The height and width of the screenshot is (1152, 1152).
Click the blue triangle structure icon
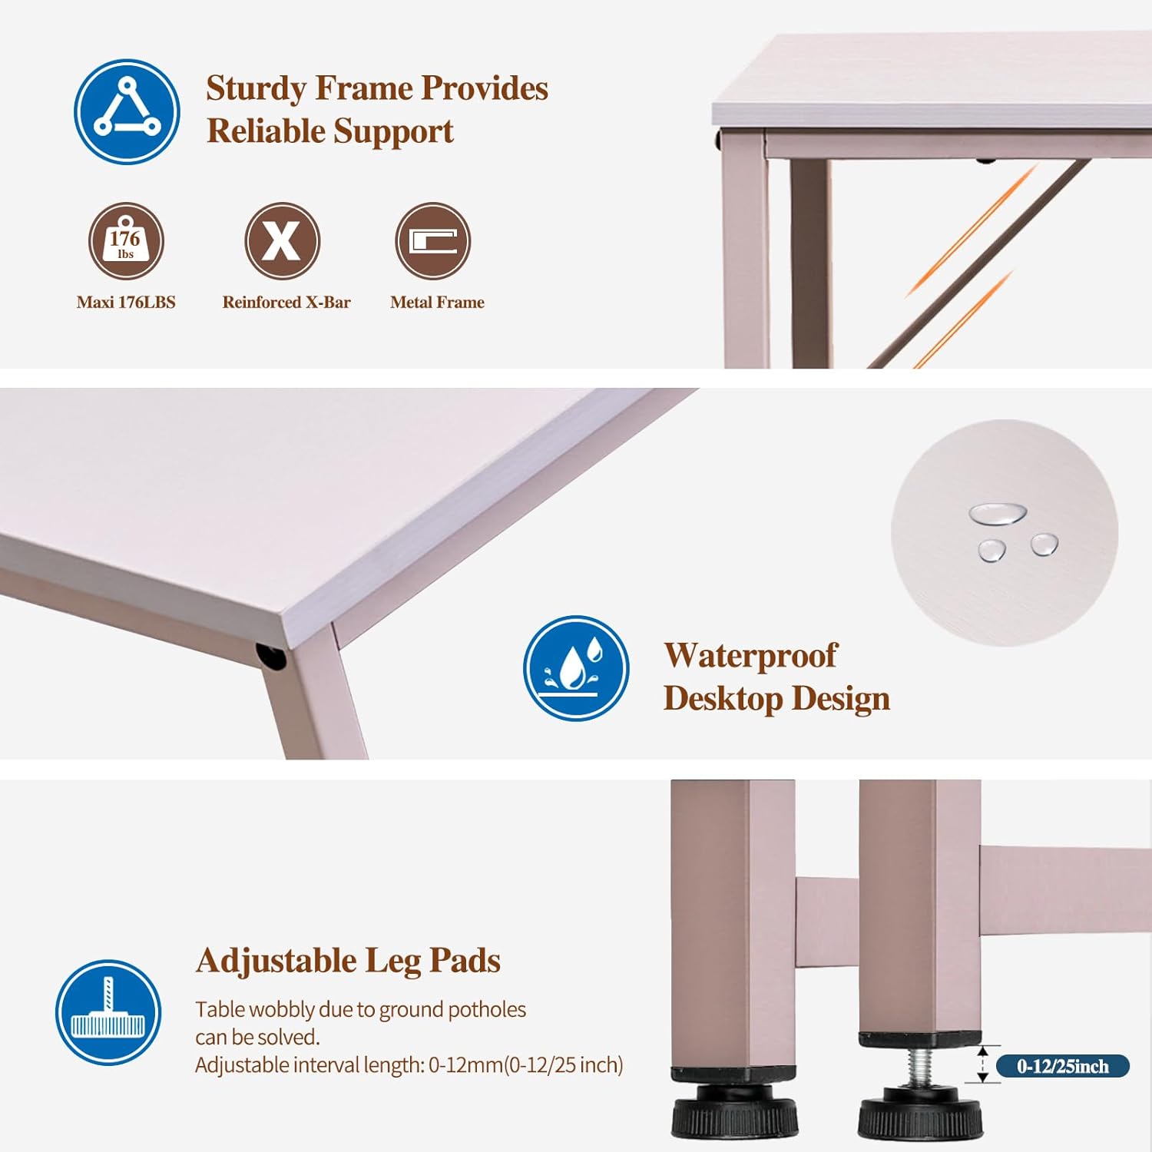click(x=127, y=112)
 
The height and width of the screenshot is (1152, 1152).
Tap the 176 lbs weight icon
click(x=126, y=241)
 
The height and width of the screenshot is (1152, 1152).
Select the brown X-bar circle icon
click(x=282, y=241)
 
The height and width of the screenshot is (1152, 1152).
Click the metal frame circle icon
click(x=433, y=241)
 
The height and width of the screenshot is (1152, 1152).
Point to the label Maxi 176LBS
click(x=126, y=303)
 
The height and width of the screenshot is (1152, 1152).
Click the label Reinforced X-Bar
click(x=286, y=303)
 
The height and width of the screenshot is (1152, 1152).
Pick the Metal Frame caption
click(x=437, y=303)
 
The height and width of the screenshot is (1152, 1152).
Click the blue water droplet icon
click(x=576, y=668)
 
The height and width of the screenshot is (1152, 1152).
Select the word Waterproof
click(x=750, y=656)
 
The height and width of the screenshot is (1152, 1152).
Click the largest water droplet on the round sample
click(x=997, y=513)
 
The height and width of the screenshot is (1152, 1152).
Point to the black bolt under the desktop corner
click(x=270, y=657)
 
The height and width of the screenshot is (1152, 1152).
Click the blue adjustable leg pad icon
click(x=108, y=1012)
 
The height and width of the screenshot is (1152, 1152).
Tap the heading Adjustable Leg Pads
click(x=348, y=961)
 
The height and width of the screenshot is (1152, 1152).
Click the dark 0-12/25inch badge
click(x=1063, y=1066)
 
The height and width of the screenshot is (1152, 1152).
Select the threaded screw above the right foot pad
click(x=922, y=1068)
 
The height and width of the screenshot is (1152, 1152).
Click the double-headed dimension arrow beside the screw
click(x=982, y=1064)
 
